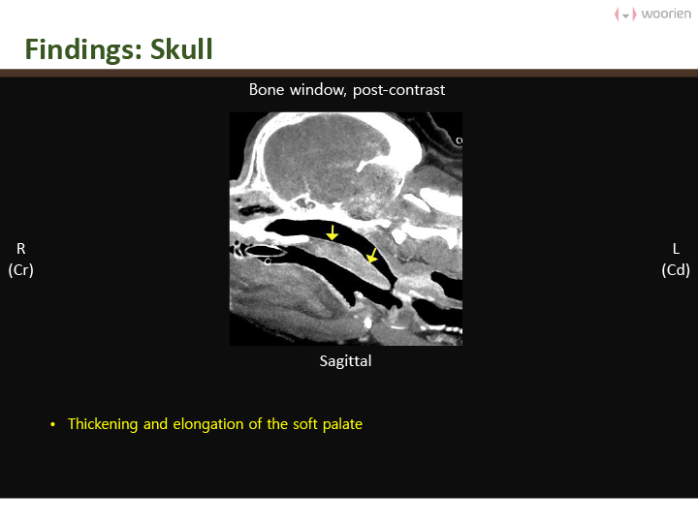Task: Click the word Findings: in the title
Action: tap(83, 49)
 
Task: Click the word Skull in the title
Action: tap(181, 49)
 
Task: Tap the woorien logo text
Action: tap(666, 14)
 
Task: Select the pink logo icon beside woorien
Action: tap(625, 15)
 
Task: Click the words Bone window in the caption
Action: tap(297, 90)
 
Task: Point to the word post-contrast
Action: tap(398, 90)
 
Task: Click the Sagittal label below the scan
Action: tap(345, 361)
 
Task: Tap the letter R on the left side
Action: tap(21, 249)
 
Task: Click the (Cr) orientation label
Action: tap(21, 270)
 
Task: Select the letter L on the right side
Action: tap(676, 249)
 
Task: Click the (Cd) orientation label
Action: tap(676, 270)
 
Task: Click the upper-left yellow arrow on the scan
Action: tap(333, 232)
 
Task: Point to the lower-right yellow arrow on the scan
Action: tap(371, 256)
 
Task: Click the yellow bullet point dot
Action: tap(53, 425)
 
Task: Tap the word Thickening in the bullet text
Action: tap(103, 424)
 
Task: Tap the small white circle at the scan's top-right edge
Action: tap(459, 141)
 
